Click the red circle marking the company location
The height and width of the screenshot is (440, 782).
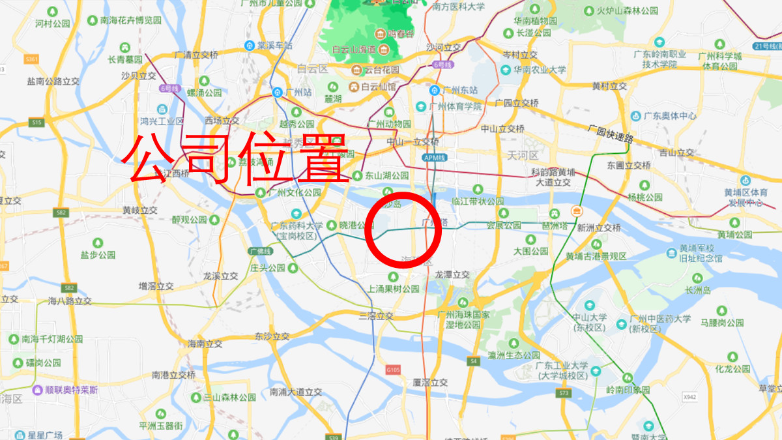(x=403, y=229)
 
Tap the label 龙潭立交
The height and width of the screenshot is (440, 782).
(x=452, y=274)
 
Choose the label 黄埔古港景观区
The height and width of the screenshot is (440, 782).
(x=596, y=256)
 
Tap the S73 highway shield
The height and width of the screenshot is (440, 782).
(x=564, y=394)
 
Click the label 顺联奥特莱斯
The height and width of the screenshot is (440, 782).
(x=65, y=390)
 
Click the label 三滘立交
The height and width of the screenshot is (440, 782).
(x=376, y=315)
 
